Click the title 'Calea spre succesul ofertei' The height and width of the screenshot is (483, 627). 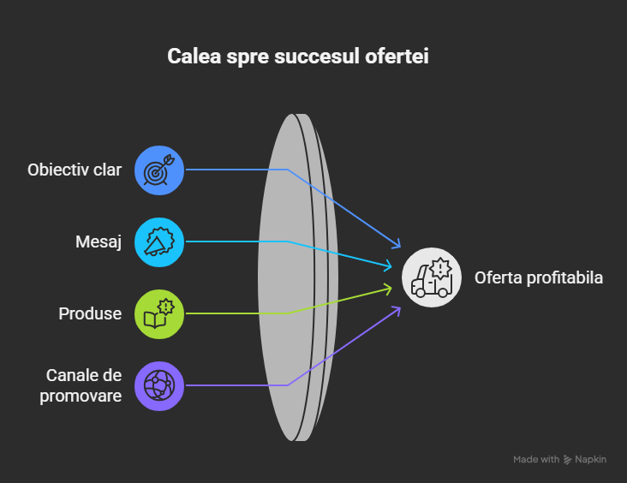pyautogui.click(x=297, y=57)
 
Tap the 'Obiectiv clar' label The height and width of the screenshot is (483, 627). pyautogui.click(x=75, y=170)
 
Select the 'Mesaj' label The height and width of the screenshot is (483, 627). pyautogui.click(x=98, y=241)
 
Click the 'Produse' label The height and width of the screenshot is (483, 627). pyautogui.click(x=90, y=313)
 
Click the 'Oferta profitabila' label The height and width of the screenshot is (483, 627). pyautogui.click(x=539, y=277)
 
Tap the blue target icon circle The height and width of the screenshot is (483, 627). pyautogui.click(x=159, y=170)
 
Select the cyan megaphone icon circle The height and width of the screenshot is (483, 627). pyautogui.click(x=159, y=241)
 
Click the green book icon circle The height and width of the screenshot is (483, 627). pyautogui.click(x=159, y=313)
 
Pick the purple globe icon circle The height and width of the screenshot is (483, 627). pyautogui.click(x=159, y=385)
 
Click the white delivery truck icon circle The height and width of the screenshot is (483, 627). pyautogui.click(x=433, y=277)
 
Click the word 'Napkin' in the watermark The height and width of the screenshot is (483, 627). pyautogui.click(x=591, y=460)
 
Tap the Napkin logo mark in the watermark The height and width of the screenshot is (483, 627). pyautogui.click(x=568, y=460)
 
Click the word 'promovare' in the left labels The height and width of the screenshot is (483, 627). pyautogui.click(x=81, y=396)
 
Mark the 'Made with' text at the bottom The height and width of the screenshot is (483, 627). pyautogui.click(x=536, y=460)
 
